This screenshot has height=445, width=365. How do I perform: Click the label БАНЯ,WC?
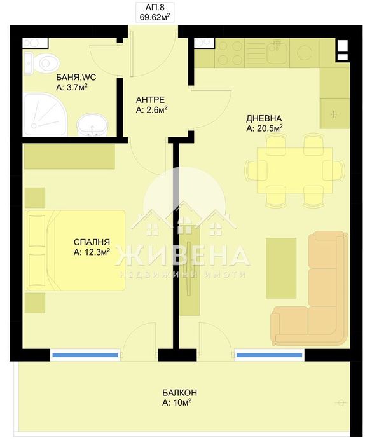pos(71,78)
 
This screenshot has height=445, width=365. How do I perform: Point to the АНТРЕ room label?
pos(151,100)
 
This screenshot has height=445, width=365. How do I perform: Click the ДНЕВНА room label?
pos(264,118)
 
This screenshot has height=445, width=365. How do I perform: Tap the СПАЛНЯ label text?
pos(92,242)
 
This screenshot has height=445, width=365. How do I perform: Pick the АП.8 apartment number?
pos(155,8)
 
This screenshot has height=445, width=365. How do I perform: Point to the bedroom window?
pos(85,355)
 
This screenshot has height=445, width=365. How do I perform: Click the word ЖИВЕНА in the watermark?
pos(183,256)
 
